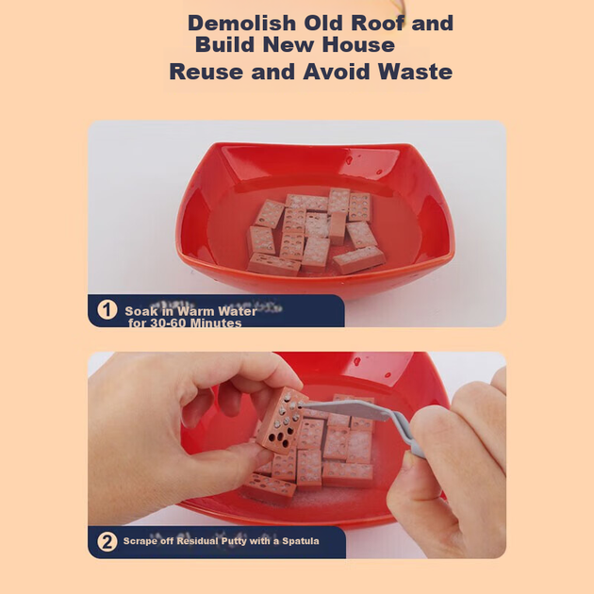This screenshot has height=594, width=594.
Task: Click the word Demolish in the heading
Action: click(241, 23)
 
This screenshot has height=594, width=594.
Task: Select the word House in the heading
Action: click(358, 44)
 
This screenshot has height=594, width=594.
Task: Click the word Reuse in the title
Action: click(206, 72)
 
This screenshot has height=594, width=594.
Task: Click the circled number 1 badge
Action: click(107, 310)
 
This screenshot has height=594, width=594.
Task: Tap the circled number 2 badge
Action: click(107, 542)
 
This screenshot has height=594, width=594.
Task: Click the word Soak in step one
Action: click(137, 311)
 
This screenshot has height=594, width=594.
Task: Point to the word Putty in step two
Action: click(234, 541)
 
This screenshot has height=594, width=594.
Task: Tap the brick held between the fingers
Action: click(282, 421)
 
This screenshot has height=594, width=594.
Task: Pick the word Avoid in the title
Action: click(336, 72)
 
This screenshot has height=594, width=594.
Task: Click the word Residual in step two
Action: click(197, 541)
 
